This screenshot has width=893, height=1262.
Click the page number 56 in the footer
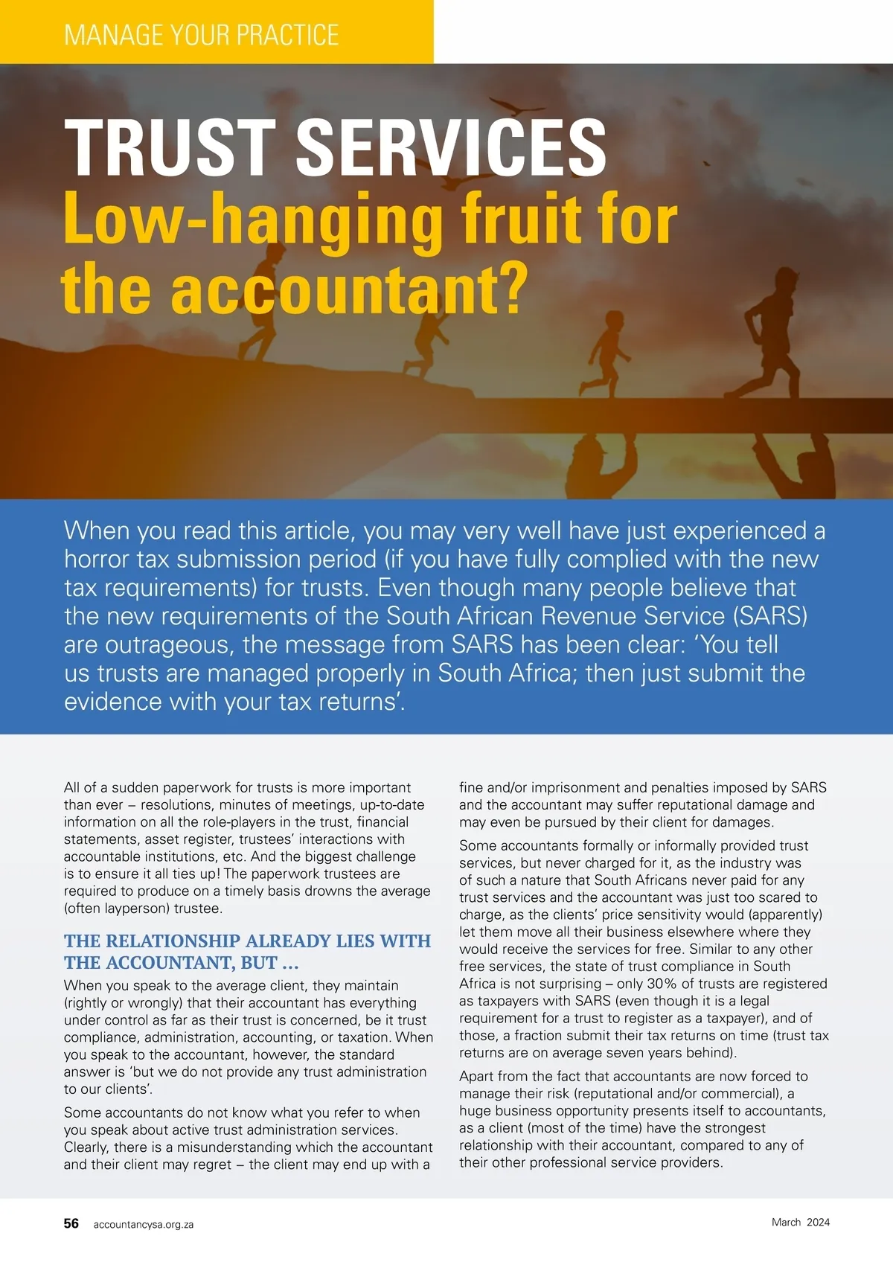(71, 1223)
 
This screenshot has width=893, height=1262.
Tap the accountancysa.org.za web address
(144, 1224)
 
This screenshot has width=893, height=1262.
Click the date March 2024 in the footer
(800, 1222)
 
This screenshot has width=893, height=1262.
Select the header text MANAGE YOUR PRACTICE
(202, 35)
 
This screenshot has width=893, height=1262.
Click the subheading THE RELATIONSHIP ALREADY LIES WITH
(247, 941)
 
